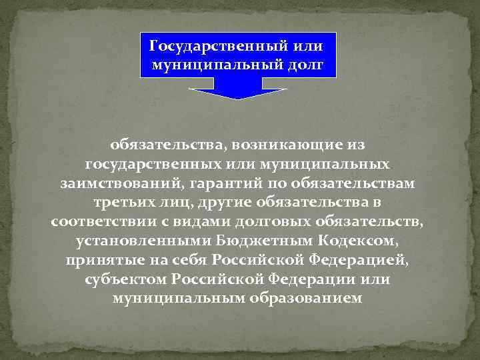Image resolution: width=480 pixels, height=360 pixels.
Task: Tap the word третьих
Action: (x=123, y=202)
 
